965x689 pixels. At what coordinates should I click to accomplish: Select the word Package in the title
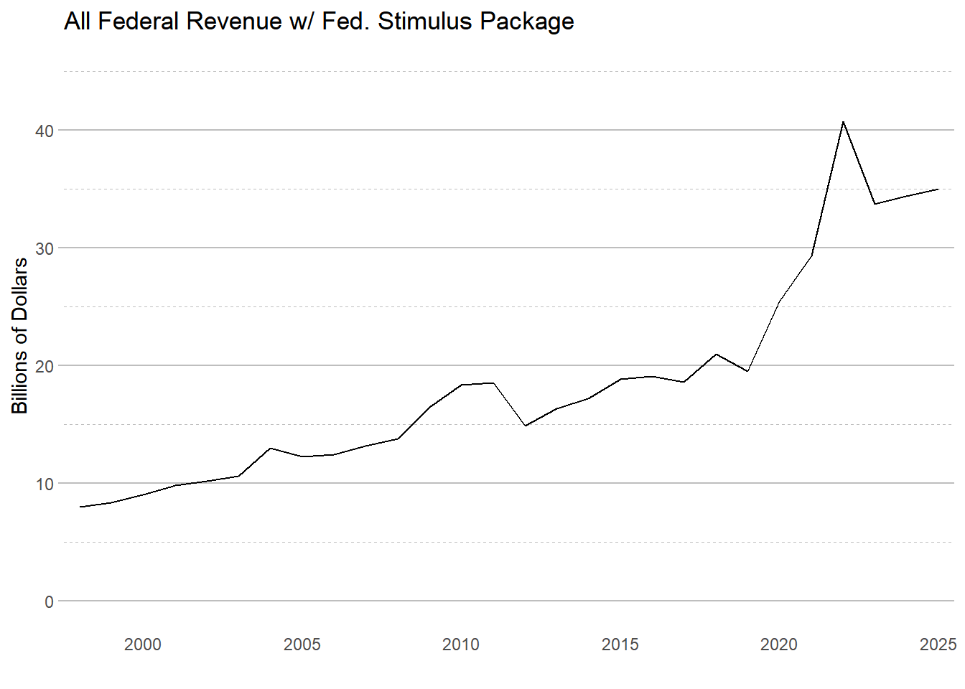pos(527,22)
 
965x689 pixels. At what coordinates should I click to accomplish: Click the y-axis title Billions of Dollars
pos(19,336)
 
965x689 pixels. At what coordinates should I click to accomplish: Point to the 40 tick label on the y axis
pos(44,131)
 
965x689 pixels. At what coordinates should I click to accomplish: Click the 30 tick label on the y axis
pos(44,249)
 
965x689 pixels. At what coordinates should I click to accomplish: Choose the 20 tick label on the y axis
pos(44,367)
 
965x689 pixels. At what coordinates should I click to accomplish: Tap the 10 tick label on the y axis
pos(44,484)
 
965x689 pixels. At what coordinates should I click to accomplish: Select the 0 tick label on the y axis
pos(49,602)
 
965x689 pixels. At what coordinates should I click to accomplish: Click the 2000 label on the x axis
pos(143,645)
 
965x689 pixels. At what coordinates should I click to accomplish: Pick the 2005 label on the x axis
pos(302,645)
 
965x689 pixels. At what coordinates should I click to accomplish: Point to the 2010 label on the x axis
pos(461,645)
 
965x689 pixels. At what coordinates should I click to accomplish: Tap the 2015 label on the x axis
pos(620,645)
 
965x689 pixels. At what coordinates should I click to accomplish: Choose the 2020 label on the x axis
pos(779,645)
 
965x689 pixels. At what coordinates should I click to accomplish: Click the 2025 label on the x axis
pos(938,645)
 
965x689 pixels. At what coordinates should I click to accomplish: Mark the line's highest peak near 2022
pos(843,122)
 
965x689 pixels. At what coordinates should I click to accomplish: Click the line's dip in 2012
pos(525,426)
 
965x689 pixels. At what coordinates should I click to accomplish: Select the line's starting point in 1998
pos(80,507)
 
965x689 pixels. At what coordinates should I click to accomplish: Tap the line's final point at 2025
pos(938,189)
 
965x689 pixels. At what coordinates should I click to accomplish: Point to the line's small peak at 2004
pos(270,449)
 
